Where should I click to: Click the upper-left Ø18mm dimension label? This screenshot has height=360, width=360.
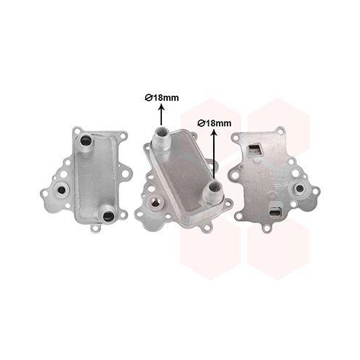[x=162, y=98]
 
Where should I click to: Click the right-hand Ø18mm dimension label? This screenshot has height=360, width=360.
[x=215, y=123]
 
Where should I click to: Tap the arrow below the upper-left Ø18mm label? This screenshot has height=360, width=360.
[x=162, y=114]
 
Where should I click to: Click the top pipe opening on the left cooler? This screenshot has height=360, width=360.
[x=86, y=140]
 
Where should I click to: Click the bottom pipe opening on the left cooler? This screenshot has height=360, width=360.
[x=108, y=215]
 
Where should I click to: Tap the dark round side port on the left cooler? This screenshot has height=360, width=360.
[x=61, y=189]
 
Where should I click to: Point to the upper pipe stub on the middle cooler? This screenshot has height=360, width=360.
[x=161, y=138]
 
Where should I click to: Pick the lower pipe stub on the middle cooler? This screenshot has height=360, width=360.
[x=214, y=192]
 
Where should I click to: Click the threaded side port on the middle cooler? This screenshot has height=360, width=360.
[x=154, y=202]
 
